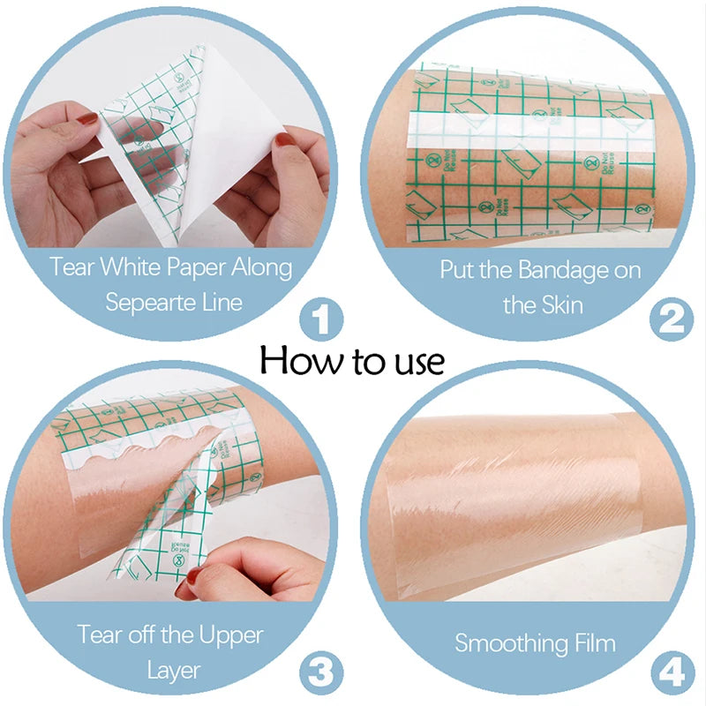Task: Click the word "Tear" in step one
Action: (71, 267)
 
